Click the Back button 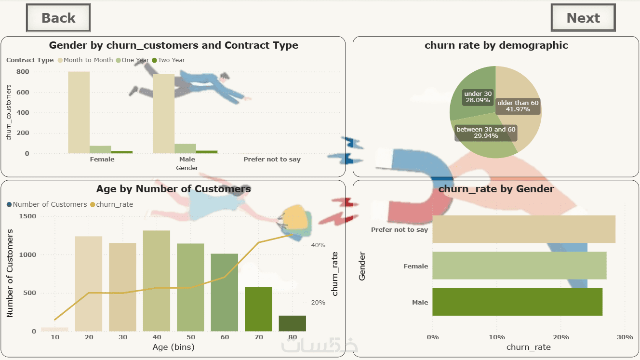coord(58,18)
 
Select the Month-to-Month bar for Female coord(79,112)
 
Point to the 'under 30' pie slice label coord(478,97)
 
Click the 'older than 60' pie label coord(518,106)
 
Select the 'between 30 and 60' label coord(486,133)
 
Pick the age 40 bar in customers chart coord(157,280)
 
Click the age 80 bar coord(292,323)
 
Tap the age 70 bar coord(258,309)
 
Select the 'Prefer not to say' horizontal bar coord(523,229)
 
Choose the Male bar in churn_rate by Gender coord(517,302)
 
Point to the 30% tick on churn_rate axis coord(625,337)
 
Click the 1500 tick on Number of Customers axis coord(27,216)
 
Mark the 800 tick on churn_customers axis coord(23,72)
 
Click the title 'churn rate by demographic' coord(496,45)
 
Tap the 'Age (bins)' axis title coord(173,347)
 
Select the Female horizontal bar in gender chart coord(519,266)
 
